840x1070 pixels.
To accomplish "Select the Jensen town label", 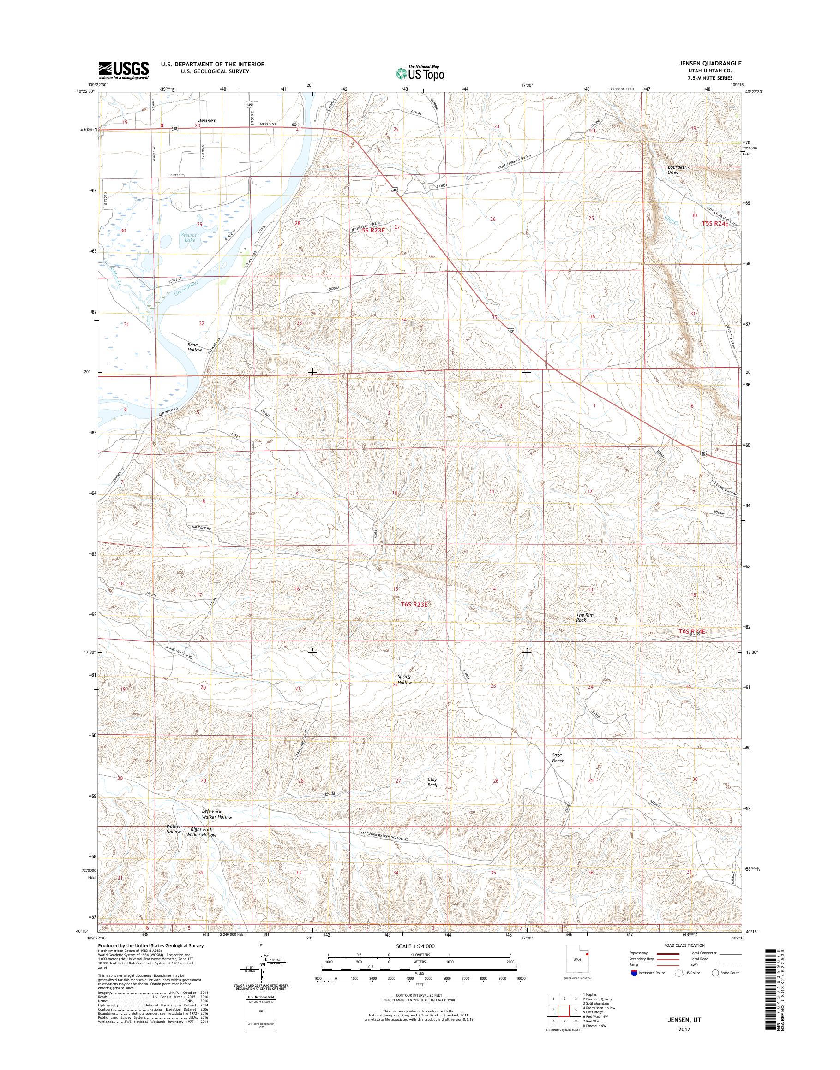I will pos(207,120).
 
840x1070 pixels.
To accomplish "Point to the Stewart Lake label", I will pos(189,238).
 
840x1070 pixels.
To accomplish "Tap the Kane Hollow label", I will pos(194,347).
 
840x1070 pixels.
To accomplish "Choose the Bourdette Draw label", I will pos(678,170).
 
